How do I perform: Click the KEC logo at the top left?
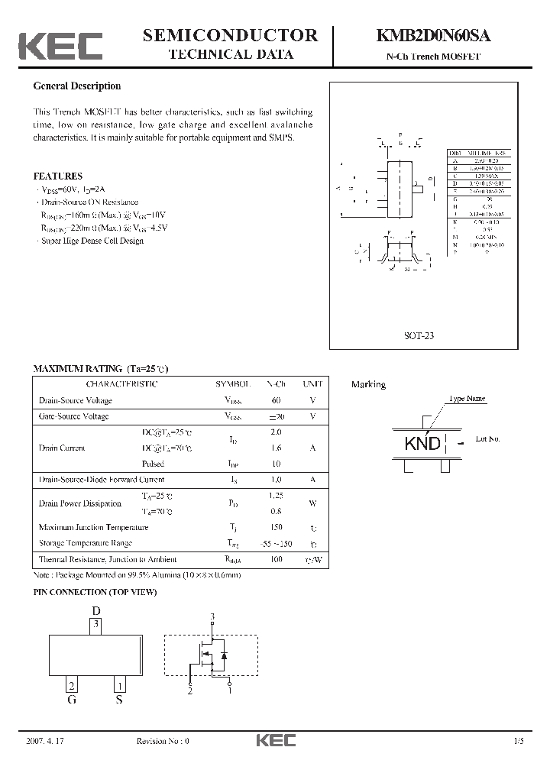coord(60,46)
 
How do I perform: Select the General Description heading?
coord(77,86)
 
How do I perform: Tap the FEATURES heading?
coord(57,176)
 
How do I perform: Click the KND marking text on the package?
coord(422,443)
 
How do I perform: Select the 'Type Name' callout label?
coord(467,399)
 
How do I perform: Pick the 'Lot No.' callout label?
coord(487,439)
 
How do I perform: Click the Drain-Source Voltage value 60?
coord(276,400)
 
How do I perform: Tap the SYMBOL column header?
coord(233,384)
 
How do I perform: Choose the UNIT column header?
coord(312,384)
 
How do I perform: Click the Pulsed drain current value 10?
coord(276,464)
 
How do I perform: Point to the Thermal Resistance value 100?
coord(276,559)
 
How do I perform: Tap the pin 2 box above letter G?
coord(71,684)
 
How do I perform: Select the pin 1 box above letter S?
coord(119,684)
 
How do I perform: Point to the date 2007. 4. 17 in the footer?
coord(46,741)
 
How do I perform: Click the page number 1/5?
coord(520,741)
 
